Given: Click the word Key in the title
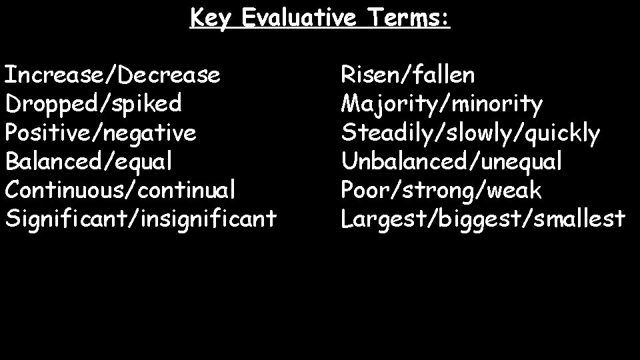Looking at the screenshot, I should tap(211, 18).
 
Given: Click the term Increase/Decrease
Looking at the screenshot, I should tap(113, 75).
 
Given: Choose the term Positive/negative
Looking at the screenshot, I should tap(101, 133).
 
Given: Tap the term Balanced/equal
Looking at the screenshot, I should tap(89, 161).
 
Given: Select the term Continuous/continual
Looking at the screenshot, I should tap(120, 190).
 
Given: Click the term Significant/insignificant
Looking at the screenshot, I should tap(141, 219).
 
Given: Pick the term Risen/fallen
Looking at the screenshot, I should tap(408, 75).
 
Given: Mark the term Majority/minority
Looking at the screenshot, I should tap(442, 104).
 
